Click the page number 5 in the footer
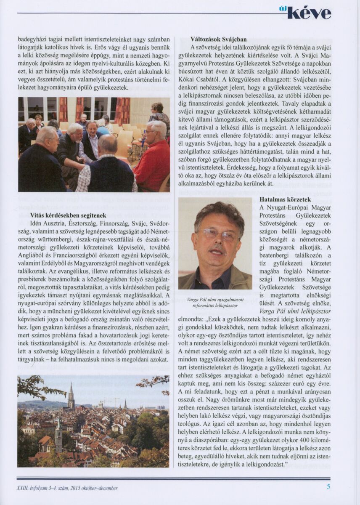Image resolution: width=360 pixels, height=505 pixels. pyautogui.click(x=328, y=488)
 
